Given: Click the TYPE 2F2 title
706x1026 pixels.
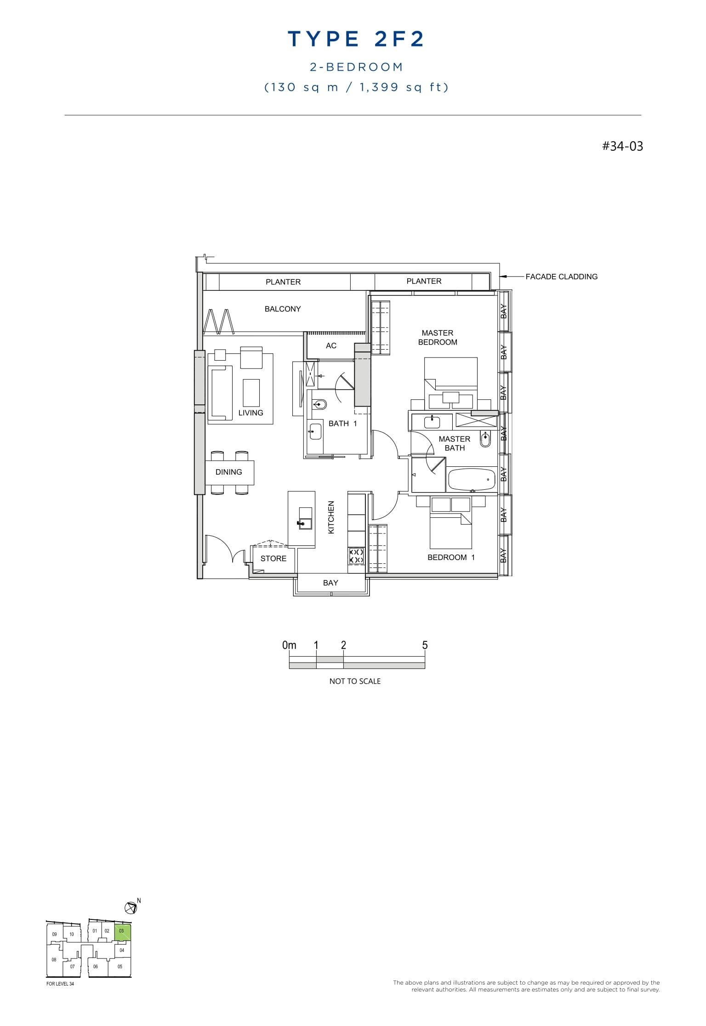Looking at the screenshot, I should coord(356,40).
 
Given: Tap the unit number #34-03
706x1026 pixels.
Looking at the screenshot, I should coord(622,146).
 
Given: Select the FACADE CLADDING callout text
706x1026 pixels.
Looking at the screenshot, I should coord(561,277).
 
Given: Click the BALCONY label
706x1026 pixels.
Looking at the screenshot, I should coord(283,309).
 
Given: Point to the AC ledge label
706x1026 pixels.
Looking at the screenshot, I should coord(331,346).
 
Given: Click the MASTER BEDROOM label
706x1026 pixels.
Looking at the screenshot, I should coord(438,338).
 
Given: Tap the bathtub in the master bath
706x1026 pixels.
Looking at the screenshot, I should coord(471,479).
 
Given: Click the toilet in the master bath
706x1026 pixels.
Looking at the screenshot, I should coord(485,439).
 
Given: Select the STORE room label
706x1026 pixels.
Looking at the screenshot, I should coord(273,559).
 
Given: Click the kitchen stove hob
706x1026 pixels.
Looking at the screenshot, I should coord(356,556).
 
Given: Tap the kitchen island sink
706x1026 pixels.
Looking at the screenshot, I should coord(305,519).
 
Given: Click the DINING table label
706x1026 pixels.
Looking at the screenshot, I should coord(228,472).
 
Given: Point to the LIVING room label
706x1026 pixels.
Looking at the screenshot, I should coord(251,413).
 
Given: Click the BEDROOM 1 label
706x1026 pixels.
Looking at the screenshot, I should coord(451,557).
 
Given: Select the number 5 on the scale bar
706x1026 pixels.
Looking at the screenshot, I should coord(425,646).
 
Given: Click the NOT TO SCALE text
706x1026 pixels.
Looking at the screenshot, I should coord(355,681).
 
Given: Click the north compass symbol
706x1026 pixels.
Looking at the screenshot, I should coord(131,907).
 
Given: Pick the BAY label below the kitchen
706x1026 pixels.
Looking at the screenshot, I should coord(330,583).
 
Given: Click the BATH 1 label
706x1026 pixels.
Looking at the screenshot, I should coord(342,424).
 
